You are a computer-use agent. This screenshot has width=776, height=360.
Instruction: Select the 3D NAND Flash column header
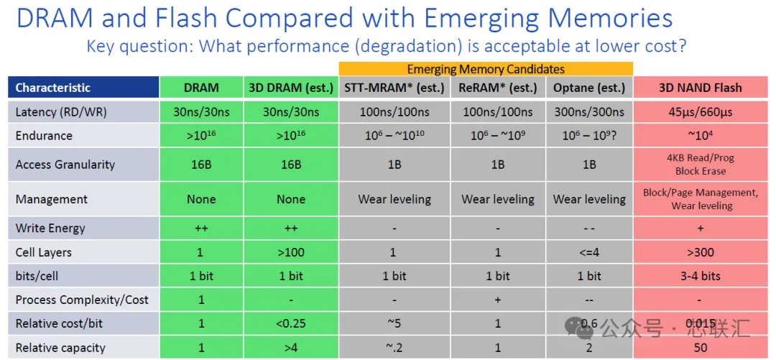tap(701, 88)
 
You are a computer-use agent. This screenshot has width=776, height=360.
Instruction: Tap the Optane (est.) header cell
tap(589, 88)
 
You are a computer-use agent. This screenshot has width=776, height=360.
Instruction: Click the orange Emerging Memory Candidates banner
tap(486, 69)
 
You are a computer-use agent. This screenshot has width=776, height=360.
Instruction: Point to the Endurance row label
tap(44, 136)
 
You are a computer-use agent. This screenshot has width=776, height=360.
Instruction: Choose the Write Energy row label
tap(50, 229)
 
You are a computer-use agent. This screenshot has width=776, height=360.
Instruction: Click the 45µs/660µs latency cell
tap(701, 112)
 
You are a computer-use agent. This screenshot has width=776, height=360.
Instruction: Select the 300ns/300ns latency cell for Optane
tap(589, 112)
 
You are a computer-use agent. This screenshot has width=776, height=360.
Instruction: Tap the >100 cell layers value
tap(290, 252)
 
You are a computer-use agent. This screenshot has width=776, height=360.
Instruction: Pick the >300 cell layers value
tap(701, 252)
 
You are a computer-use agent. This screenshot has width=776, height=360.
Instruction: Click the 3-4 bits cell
tap(701, 276)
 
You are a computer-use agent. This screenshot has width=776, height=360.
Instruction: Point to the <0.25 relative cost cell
tap(290, 324)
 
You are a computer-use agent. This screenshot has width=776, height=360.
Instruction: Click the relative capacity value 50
tap(701, 348)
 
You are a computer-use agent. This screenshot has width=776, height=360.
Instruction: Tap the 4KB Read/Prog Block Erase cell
tap(701, 165)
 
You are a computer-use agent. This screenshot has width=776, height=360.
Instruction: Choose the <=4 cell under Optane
tap(589, 252)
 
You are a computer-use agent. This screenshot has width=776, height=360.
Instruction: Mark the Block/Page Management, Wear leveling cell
tap(701, 199)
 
